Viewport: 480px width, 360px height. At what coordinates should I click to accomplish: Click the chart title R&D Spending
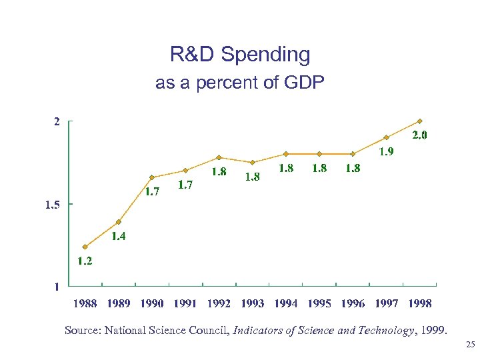(240, 55)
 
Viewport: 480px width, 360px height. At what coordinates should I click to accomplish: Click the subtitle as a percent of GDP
(240, 83)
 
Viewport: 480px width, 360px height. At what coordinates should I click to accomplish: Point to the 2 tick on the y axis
(57, 122)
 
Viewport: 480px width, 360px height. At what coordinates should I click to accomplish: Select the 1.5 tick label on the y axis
(53, 205)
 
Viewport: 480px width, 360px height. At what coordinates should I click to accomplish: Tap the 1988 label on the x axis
(85, 303)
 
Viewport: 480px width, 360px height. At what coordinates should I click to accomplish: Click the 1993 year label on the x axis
(252, 303)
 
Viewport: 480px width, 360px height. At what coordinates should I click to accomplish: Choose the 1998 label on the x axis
(419, 303)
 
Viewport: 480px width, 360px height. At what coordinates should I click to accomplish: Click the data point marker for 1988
(85, 247)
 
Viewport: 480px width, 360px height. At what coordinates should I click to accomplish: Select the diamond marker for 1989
(119, 222)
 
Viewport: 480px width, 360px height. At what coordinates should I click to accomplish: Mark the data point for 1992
(219, 157)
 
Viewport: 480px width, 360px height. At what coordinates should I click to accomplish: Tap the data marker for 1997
(386, 138)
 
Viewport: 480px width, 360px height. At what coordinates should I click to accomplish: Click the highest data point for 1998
(419, 121)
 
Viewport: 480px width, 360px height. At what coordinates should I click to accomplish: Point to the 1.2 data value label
(85, 261)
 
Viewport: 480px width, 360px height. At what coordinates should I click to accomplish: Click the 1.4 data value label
(119, 236)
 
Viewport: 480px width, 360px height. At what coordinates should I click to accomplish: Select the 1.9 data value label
(386, 151)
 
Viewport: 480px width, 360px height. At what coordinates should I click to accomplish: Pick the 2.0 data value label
(419, 135)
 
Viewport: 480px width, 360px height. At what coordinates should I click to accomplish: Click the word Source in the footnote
(81, 330)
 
